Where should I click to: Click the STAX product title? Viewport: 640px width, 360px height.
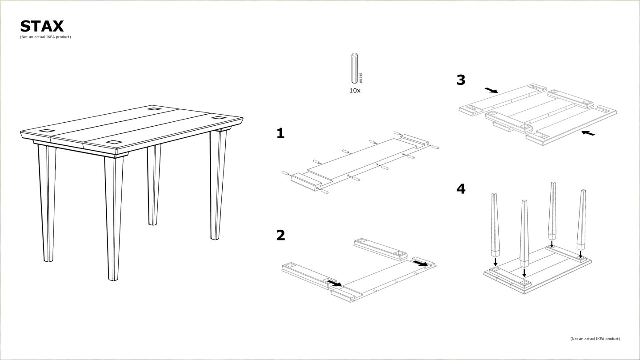42,26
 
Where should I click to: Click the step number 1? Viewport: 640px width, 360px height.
280,133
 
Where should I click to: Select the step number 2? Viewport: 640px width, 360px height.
280,235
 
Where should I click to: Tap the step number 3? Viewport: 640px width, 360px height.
461,80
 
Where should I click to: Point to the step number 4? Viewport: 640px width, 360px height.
461,189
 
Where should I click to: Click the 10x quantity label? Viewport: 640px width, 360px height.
355,91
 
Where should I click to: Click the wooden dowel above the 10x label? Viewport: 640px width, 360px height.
355,68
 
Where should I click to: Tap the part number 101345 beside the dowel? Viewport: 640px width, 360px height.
360,78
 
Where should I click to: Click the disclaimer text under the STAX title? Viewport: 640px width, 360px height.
45,37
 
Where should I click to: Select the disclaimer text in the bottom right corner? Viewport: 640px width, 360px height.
595,339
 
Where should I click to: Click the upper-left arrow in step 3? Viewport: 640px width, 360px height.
492,90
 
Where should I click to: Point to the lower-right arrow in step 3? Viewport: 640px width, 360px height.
588,133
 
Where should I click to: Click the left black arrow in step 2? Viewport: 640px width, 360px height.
335,283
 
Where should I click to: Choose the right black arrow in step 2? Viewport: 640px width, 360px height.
420,263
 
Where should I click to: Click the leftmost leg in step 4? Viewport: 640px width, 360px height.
495,225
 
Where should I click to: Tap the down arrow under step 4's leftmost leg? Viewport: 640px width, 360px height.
496,261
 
